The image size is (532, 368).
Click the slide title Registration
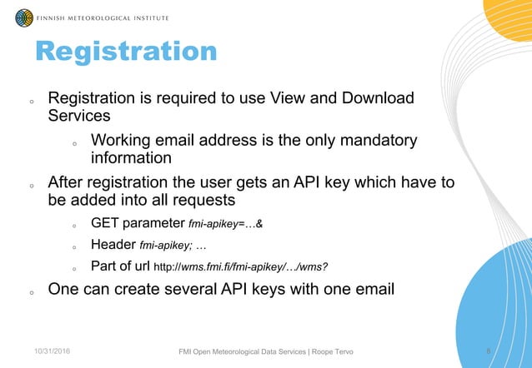[x=126, y=52]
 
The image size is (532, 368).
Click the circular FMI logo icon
[x=24, y=16]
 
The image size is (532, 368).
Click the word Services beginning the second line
[x=79, y=117]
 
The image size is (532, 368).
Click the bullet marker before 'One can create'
[x=31, y=293]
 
